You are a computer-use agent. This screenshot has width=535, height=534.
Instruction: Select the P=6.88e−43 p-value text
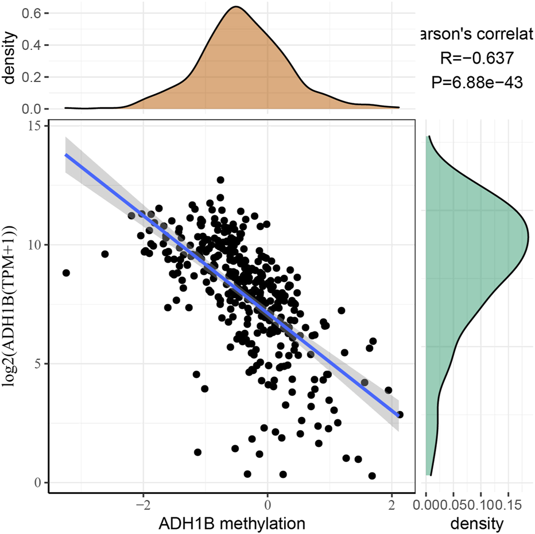tap(476, 82)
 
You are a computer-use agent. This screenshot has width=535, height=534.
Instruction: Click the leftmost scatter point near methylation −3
tap(66, 272)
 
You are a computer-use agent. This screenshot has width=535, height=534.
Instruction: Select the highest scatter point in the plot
tap(220, 180)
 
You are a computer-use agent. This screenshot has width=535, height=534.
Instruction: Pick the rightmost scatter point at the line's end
tap(400, 414)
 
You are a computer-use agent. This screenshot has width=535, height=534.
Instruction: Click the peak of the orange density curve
tap(236, 7)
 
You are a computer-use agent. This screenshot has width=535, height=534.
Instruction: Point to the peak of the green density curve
tap(528, 235)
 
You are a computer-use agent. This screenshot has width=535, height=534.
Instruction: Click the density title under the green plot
tap(476, 523)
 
